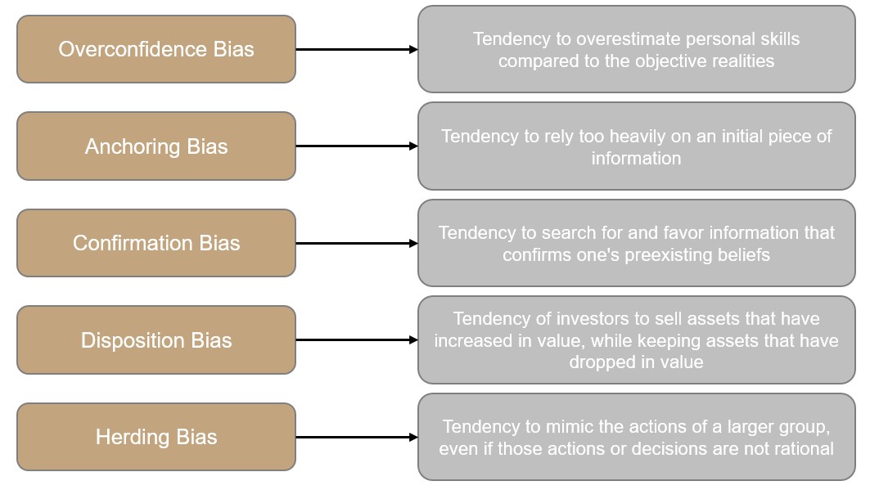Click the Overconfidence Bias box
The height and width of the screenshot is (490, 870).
point(156,49)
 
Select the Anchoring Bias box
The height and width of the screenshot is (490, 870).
point(156,146)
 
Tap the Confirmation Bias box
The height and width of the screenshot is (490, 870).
point(156,243)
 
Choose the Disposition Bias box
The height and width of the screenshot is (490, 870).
point(156,339)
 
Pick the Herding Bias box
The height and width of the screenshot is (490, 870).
point(156,437)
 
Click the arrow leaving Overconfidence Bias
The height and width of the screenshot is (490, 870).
point(357,49)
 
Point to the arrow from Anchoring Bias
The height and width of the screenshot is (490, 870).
point(357,146)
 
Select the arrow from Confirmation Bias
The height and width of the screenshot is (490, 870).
point(357,243)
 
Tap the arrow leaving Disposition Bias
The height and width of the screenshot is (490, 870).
point(357,339)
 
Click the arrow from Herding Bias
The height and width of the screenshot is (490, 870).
point(357,438)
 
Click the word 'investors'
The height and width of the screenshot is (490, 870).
point(593,319)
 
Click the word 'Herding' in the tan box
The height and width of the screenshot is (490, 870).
point(133,438)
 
